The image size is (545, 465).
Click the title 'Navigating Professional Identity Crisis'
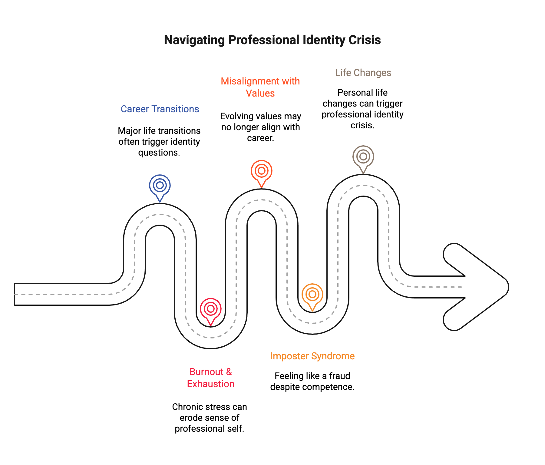[272, 40]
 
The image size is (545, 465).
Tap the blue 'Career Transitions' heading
[160, 109]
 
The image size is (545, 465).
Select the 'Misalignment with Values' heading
[260, 87]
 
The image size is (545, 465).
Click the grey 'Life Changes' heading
[363, 73]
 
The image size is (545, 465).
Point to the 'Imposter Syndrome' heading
[312, 356]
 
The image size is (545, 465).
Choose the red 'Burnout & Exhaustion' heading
[211, 378]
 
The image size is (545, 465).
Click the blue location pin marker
[160, 186]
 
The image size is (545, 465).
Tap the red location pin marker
[211, 309]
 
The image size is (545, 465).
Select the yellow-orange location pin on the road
[312, 295]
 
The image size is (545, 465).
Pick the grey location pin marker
[363, 157]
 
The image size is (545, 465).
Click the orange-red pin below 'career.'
[262, 171]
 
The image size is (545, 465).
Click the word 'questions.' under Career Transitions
[159, 153]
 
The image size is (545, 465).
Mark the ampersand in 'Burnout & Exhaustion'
[229, 372]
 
